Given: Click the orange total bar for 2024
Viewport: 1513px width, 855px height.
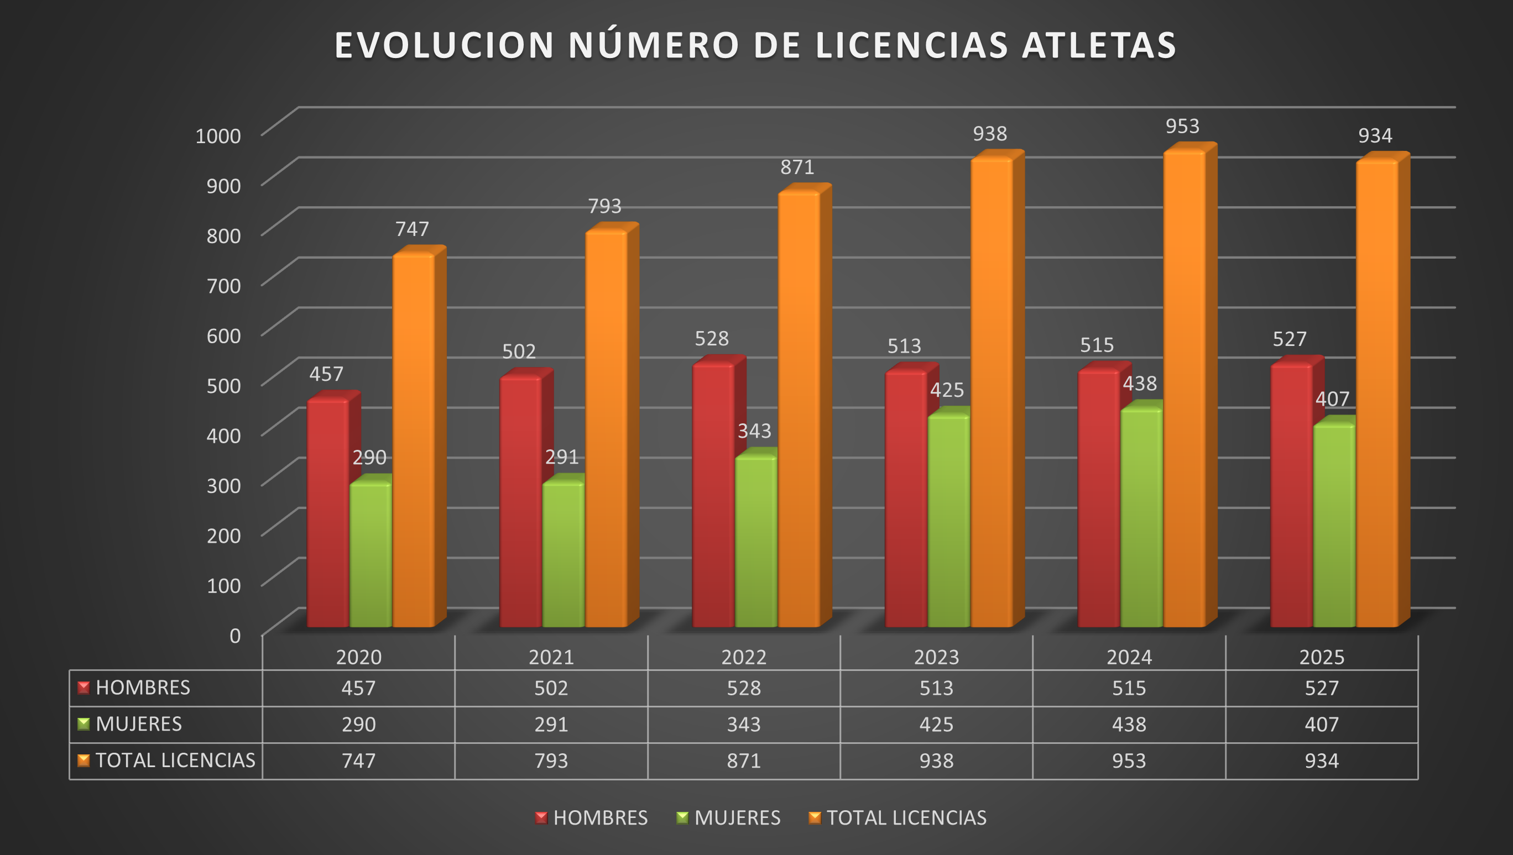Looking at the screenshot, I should tap(1184, 387).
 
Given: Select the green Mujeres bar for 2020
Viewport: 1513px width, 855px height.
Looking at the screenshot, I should tap(371, 555).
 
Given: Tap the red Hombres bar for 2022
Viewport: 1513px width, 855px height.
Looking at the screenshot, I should tap(713, 496).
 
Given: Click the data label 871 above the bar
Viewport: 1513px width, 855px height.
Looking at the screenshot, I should tap(797, 167).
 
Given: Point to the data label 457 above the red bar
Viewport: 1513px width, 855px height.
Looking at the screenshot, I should tap(326, 374).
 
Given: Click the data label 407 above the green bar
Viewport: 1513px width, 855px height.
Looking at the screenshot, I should tap(1332, 399).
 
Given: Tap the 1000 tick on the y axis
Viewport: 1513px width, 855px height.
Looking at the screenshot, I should tap(218, 135).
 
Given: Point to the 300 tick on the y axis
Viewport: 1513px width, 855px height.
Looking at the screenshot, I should tap(223, 486).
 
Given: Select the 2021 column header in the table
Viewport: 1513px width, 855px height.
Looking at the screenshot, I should tap(551, 657).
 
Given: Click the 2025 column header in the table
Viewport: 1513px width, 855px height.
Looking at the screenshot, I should tap(1322, 657).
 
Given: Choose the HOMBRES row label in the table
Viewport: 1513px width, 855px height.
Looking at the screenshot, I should tap(143, 688).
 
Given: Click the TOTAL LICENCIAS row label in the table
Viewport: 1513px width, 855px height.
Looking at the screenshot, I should tap(175, 760).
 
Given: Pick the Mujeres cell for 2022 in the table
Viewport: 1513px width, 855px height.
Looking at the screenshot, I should tap(743, 724).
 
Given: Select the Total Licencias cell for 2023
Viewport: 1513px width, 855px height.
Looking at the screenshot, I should tap(936, 760).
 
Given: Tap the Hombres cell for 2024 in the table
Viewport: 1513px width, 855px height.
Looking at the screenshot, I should tap(1129, 688).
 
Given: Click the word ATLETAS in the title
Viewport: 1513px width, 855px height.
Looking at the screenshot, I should tap(1099, 45).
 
